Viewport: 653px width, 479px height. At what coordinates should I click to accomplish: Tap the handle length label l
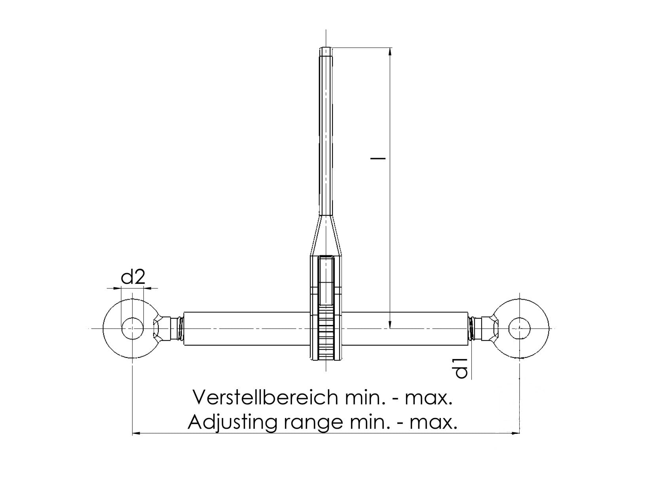[378, 158]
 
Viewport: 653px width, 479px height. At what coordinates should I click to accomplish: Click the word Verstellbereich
[266, 397]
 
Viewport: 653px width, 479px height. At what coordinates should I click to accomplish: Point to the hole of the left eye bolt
[133, 328]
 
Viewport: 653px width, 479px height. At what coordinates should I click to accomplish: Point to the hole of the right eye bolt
[519, 328]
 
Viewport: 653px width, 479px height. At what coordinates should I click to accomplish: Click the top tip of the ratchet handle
[326, 48]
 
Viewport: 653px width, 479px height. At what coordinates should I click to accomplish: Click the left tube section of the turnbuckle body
[246, 329]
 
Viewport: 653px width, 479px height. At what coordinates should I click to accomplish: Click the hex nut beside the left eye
[162, 329]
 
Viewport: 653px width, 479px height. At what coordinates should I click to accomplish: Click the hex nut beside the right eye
[490, 329]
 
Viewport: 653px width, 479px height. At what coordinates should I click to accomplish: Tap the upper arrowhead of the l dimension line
[390, 52]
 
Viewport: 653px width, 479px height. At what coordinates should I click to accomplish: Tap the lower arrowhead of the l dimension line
[390, 324]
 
